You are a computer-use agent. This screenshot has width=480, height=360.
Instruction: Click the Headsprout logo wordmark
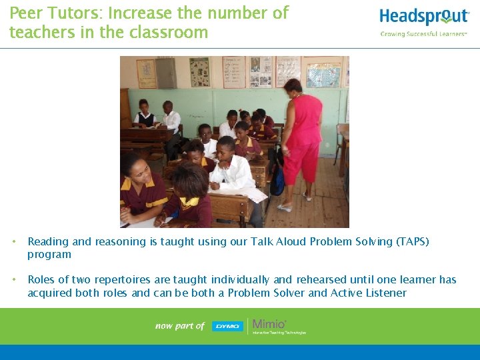coord(424,17)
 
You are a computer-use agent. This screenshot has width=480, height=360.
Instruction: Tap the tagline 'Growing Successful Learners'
coord(423,34)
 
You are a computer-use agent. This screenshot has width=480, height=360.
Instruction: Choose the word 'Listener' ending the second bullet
coord(382,293)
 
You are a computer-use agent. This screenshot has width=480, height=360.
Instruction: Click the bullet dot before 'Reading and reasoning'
coord(15,242)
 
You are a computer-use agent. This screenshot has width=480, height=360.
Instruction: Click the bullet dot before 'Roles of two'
coord(15,280)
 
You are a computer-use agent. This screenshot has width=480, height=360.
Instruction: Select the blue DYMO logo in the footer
coord(227,326)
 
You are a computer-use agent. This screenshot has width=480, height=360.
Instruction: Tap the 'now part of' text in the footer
coord(179,326)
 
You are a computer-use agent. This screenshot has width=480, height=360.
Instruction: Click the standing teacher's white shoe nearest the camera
coord(285,207)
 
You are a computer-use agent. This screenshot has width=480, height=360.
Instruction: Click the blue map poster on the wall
coord(323,75)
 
